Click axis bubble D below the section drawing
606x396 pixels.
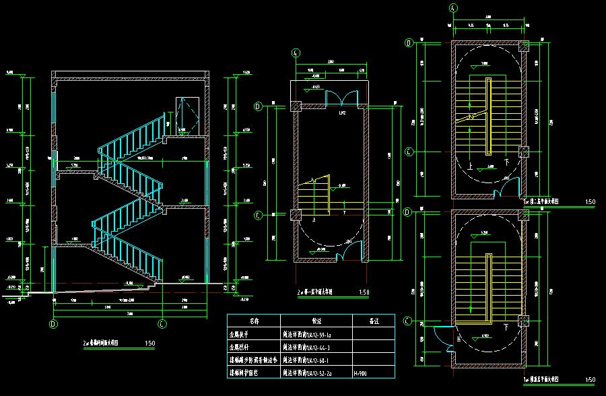53,323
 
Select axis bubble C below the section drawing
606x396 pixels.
162,323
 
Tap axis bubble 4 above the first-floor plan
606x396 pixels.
296,54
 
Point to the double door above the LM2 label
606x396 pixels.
337,98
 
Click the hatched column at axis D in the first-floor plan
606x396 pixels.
296,106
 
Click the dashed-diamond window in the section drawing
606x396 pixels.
188,115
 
